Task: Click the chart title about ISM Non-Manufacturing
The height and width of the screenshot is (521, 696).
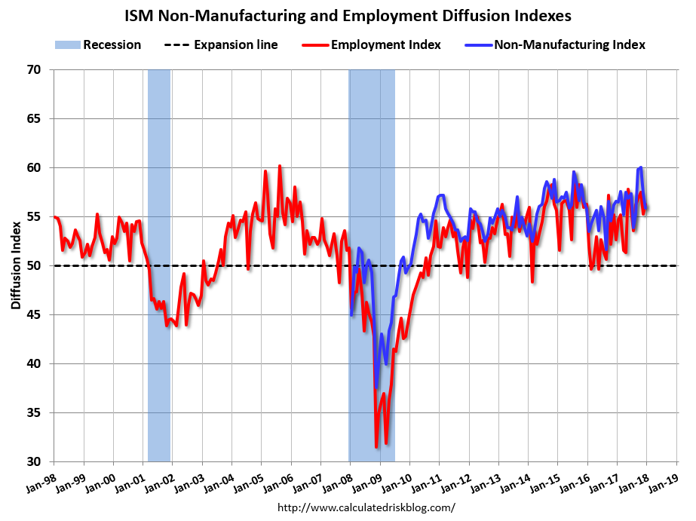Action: tap(348, 15)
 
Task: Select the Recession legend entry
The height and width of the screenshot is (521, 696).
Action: tap(98, 44)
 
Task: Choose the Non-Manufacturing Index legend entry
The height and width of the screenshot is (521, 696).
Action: tap(556, 44)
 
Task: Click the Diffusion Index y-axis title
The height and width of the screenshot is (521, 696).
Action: tap(16, 265)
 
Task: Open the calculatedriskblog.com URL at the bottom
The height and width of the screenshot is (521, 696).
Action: tap(366, 507)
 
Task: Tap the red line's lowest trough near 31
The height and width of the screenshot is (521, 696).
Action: tap(376, 447)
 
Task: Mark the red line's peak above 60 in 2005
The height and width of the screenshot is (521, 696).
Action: tap(280, 166)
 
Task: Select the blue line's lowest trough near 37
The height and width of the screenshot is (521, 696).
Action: tap(376, 388)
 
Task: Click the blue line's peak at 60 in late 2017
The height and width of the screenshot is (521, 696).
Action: tap(641, 167)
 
